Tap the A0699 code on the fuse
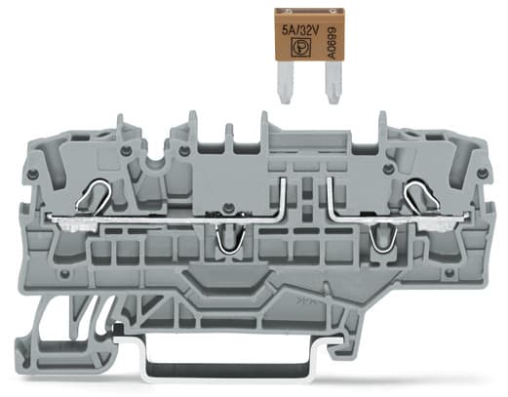(x=332, y=43)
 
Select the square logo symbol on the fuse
(x=299, y=49)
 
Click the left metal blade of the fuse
(x=286, y=82)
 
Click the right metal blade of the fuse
(x=333, y=82)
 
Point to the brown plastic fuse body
(x=309, y=34)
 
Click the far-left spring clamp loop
(x=94, y=194)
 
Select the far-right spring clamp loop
(x=421, y=194)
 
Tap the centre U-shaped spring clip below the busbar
(x=230, y=239)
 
